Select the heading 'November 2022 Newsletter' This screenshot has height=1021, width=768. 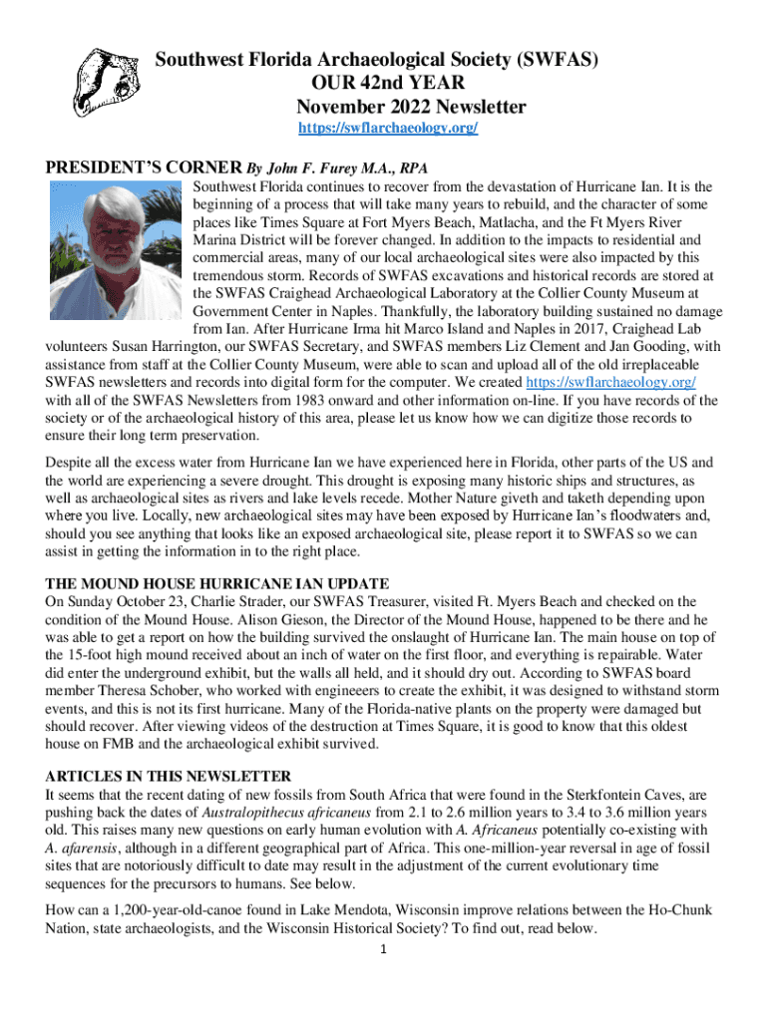coord(412,107)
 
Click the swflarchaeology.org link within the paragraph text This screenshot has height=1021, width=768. coord(610,383)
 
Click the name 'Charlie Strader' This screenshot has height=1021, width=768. coord(231,601)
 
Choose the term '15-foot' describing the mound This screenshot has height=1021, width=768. coord(70,655)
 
